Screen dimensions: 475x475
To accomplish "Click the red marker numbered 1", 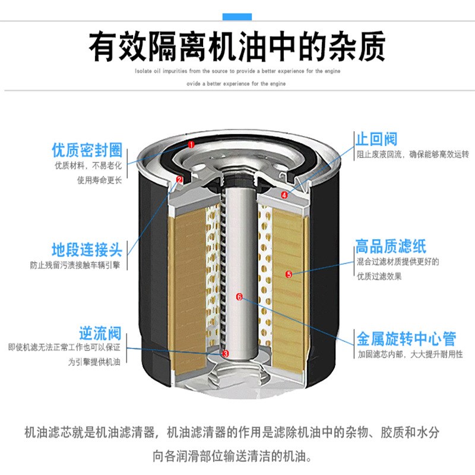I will [x=191, y=144].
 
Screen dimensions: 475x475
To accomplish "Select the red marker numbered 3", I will [x=226, y=353].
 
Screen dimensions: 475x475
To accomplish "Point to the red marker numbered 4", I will [x=285, y=194].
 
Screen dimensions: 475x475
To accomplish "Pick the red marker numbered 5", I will [x=289, y=274].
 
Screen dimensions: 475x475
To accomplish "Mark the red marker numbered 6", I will [x=239, y=296].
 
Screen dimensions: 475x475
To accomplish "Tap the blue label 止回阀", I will [x=376, y=140].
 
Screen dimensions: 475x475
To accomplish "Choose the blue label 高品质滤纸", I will [x=391, y=246].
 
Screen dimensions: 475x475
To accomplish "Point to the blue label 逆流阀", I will [x=100, y=332].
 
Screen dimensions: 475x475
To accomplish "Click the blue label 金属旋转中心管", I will [x=406, y=338].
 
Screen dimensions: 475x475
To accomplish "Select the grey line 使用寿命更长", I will [x=100, y=180].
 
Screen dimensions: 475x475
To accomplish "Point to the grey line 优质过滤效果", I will [x=379, y=276].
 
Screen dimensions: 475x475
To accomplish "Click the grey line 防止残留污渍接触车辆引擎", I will [x=76, y=265].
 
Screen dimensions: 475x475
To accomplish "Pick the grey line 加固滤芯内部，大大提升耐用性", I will [x=410, y=354].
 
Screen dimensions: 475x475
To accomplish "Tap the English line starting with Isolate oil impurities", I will [x=237, y=71].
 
